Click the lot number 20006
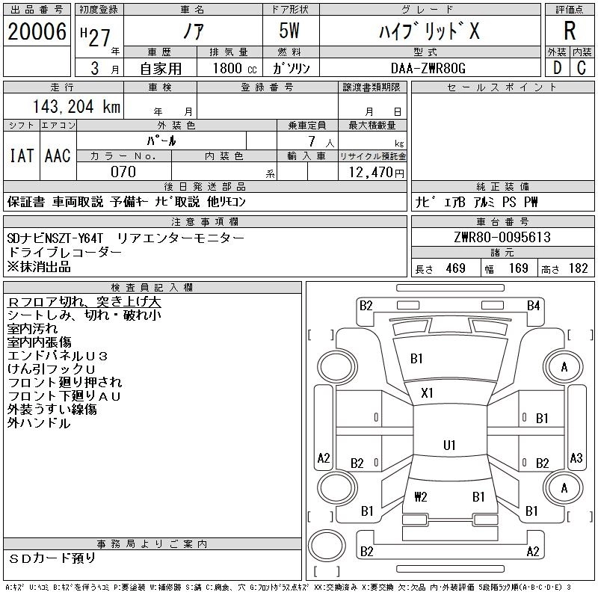click(37, 31)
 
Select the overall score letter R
click(569, 31)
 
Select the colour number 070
click(123, 172)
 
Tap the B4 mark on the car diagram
click(533, 305)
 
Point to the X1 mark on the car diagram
click(428, 392)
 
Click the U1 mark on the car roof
click(449, 445)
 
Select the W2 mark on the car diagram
click(420, 496)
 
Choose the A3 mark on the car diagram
click(576, 458)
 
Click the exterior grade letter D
click(556, 69)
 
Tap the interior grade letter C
click(582, 69)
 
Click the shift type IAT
click(21, 155)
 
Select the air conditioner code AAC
click(58, 155)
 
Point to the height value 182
click(578, 268)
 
